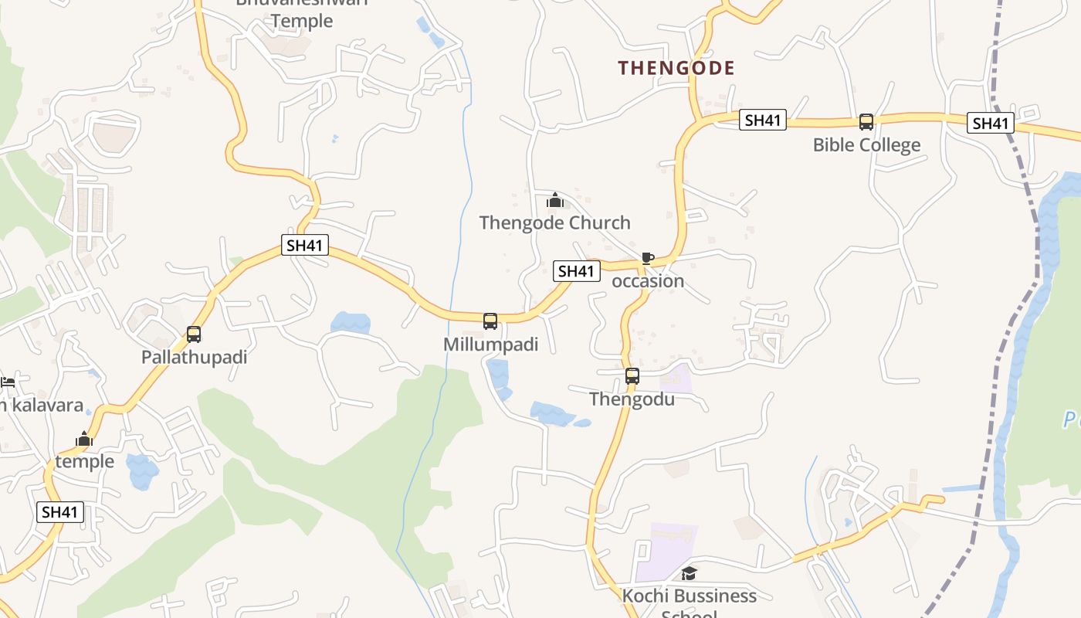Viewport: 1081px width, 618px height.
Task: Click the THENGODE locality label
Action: (676, 68)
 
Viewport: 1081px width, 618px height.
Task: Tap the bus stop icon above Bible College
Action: (866, 122)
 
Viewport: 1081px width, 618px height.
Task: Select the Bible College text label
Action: (866, 145)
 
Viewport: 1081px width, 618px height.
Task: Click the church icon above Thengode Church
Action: (554, 201)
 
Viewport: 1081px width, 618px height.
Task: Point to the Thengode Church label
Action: (554, 223)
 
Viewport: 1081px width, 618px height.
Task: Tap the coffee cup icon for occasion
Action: (647, 259)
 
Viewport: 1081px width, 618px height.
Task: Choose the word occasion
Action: (648, 281)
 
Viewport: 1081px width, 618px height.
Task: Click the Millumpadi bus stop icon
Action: (490, 321)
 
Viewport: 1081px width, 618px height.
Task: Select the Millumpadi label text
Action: (490, 345)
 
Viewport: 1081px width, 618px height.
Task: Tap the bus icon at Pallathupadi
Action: (194, 334)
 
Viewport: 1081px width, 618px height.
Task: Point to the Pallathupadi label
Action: (194, 358)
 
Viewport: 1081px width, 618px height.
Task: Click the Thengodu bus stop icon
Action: (632, 377)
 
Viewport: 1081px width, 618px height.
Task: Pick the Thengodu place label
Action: (632, 399)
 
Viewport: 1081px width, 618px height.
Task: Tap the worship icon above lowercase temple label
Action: (84, 440)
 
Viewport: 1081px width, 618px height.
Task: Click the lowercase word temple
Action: (84, 462)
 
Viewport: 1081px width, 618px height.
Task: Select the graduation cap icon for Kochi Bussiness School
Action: (689, 573)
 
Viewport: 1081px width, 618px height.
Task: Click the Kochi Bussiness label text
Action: (689, 596)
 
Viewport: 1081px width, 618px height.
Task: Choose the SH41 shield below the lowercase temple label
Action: (60, 512)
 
